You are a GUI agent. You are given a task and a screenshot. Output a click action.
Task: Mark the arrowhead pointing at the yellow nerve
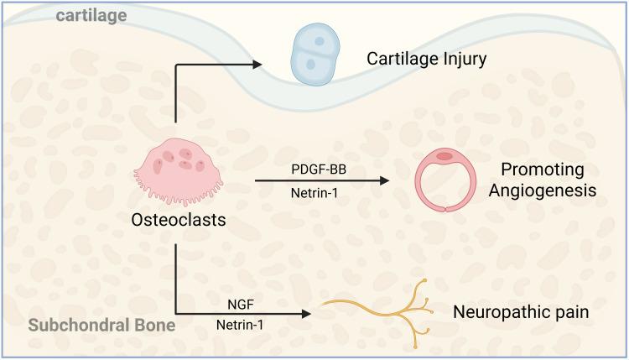pos(305,314)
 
